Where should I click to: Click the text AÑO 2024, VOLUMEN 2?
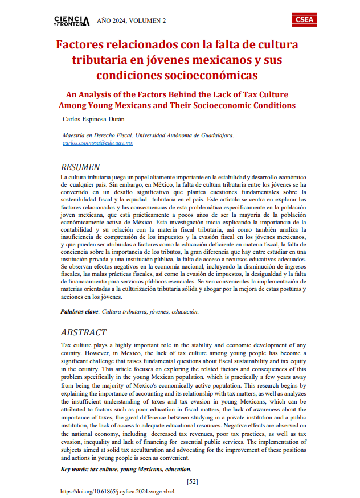[131, 21]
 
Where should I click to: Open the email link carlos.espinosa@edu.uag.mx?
[97, 143]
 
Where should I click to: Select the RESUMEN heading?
[80, 167]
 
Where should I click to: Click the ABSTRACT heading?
[83, 332]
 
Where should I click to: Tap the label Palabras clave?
[79, 312]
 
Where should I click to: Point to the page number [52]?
[192, 481]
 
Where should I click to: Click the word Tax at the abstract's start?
[66, 345]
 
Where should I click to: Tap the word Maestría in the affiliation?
[76, 135]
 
